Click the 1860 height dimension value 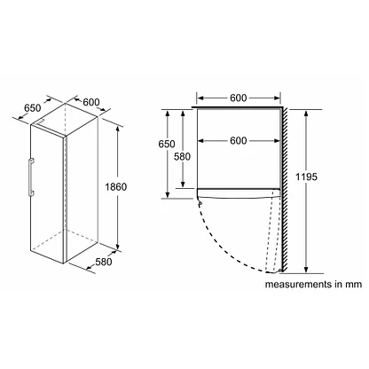116,187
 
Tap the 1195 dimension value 306,177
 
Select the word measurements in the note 298,285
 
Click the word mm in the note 353,285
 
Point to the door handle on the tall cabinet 31,177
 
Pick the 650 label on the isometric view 33,108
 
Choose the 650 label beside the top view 167,144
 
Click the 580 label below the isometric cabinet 104,262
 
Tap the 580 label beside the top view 182,156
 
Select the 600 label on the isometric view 91,102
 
